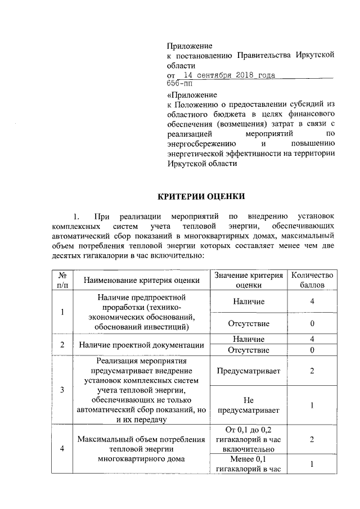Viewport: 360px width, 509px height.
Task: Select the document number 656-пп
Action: pos(179,84)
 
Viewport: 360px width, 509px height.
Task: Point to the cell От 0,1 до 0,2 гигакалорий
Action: pos(249,439)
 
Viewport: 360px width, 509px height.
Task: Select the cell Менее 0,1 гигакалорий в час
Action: pos(249,464)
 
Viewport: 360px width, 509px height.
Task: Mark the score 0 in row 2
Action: pos(311,350)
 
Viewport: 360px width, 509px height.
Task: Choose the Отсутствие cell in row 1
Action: pos(249,323)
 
